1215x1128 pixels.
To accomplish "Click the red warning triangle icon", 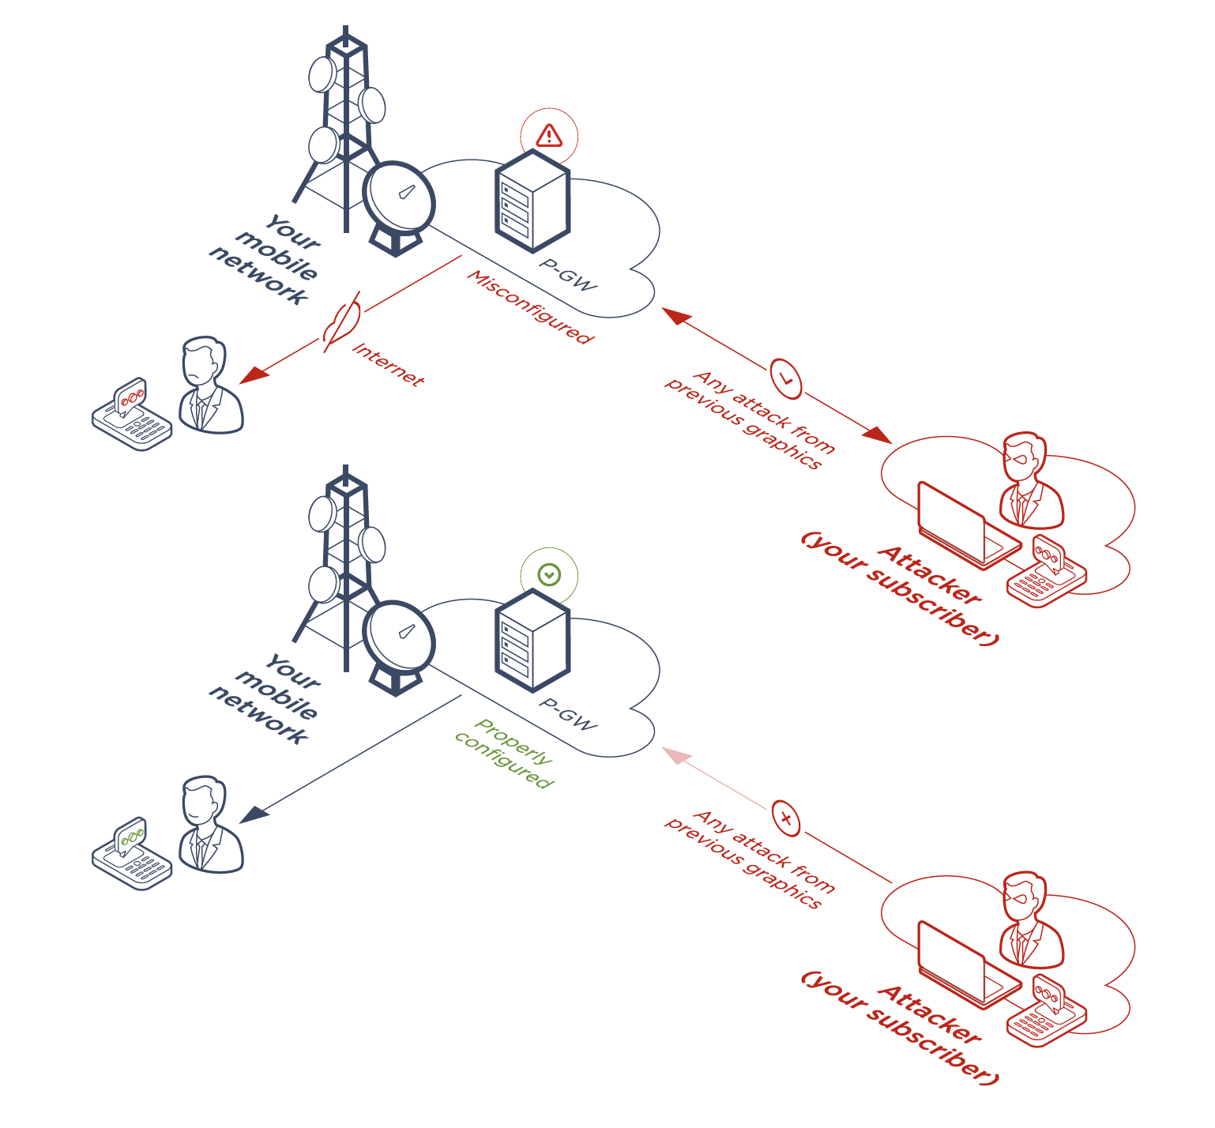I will pyautogui.click(x=549, y=136).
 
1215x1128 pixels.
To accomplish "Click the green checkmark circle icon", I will pyautogui.click(x=549, y=575).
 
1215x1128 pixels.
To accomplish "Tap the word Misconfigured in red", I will pyautogui.click(x=529, y=307).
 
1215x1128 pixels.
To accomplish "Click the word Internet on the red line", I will pyautogui.click(x=388, y=364).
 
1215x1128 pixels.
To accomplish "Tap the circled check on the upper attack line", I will pyautogui.click(x=785, y=378).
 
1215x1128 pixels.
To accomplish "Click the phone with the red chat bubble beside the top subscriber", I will pyautogui.click(x=132, y=415).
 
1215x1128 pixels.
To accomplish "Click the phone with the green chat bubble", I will pyautogui.click(x=132, y=855).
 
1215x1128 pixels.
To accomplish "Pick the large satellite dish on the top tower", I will pyautogui.click(x=399, y=197).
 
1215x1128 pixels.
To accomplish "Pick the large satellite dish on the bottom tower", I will pyautogui.click(x=399, y=637).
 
